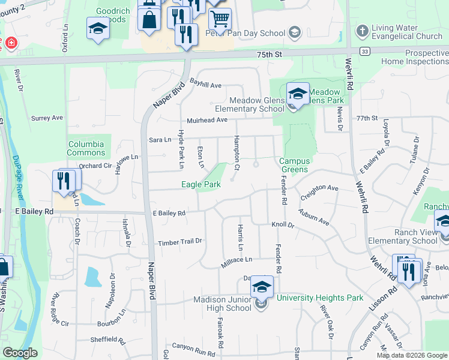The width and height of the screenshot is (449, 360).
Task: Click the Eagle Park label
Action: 200,185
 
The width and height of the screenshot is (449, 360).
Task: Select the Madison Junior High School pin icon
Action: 262,287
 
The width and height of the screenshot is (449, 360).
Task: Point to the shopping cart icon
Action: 220,20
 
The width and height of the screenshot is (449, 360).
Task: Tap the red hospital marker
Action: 10,43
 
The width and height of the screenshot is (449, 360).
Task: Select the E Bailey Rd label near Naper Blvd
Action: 169,213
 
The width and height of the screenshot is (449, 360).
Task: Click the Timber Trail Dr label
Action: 179,242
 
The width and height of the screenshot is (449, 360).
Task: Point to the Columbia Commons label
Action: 86,148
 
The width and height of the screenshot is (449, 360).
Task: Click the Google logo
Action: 19,352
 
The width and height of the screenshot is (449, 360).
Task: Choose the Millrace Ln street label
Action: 237,259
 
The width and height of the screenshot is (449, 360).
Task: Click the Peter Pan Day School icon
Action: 294,31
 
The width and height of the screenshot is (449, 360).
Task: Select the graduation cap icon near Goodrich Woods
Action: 97,29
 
